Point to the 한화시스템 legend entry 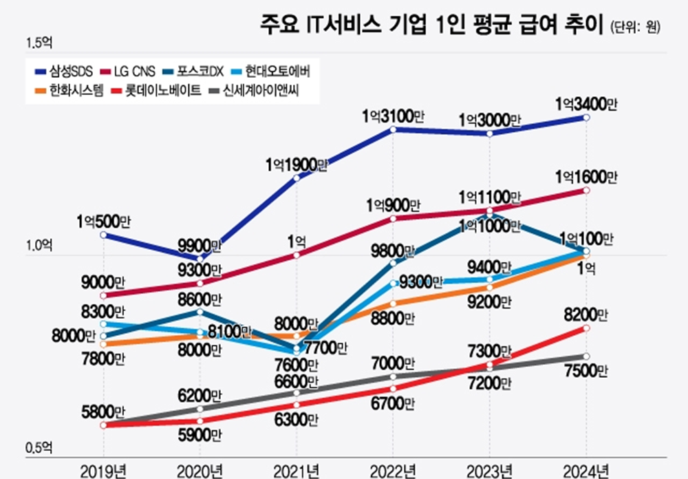(x=68, y=89)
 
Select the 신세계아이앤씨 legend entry (x=256, y=89)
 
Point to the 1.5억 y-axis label (x=39, y=43)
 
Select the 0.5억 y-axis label (x=39, y=448)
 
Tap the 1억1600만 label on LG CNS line (x=586, y=178)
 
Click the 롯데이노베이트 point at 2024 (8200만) (x=586, y=328)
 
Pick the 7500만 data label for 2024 (x=586, y=372)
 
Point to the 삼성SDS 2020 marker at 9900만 (x=200, y=259)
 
